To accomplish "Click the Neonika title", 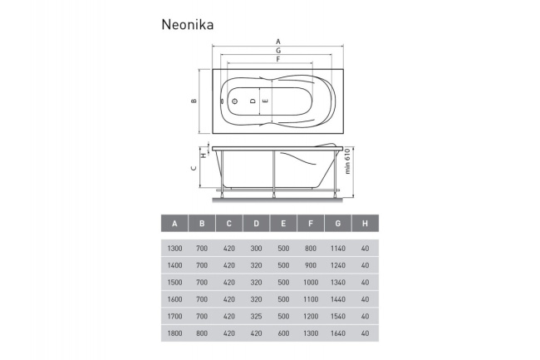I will pos(188,24).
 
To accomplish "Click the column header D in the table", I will pos(256,224).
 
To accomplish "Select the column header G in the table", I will pos(338,224).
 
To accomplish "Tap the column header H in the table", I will pos(366,224).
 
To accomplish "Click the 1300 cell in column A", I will pos(174,249).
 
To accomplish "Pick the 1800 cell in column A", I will pos(174,333).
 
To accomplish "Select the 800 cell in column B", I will pos(202,333).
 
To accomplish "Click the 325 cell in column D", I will pos(256,316).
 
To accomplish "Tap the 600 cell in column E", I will pos(283,333).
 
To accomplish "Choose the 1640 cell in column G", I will pos(338,333).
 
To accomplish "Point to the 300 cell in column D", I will pos(256,249).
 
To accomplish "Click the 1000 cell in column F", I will pos(311,283).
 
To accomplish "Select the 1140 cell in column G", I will pos(338,249).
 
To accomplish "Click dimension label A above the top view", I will pos(277,41).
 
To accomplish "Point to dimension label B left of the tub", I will pos(193,101).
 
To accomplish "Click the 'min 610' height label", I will pos(349,171).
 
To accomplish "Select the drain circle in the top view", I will pos(235,101).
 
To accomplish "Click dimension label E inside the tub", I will pos(266,101).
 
